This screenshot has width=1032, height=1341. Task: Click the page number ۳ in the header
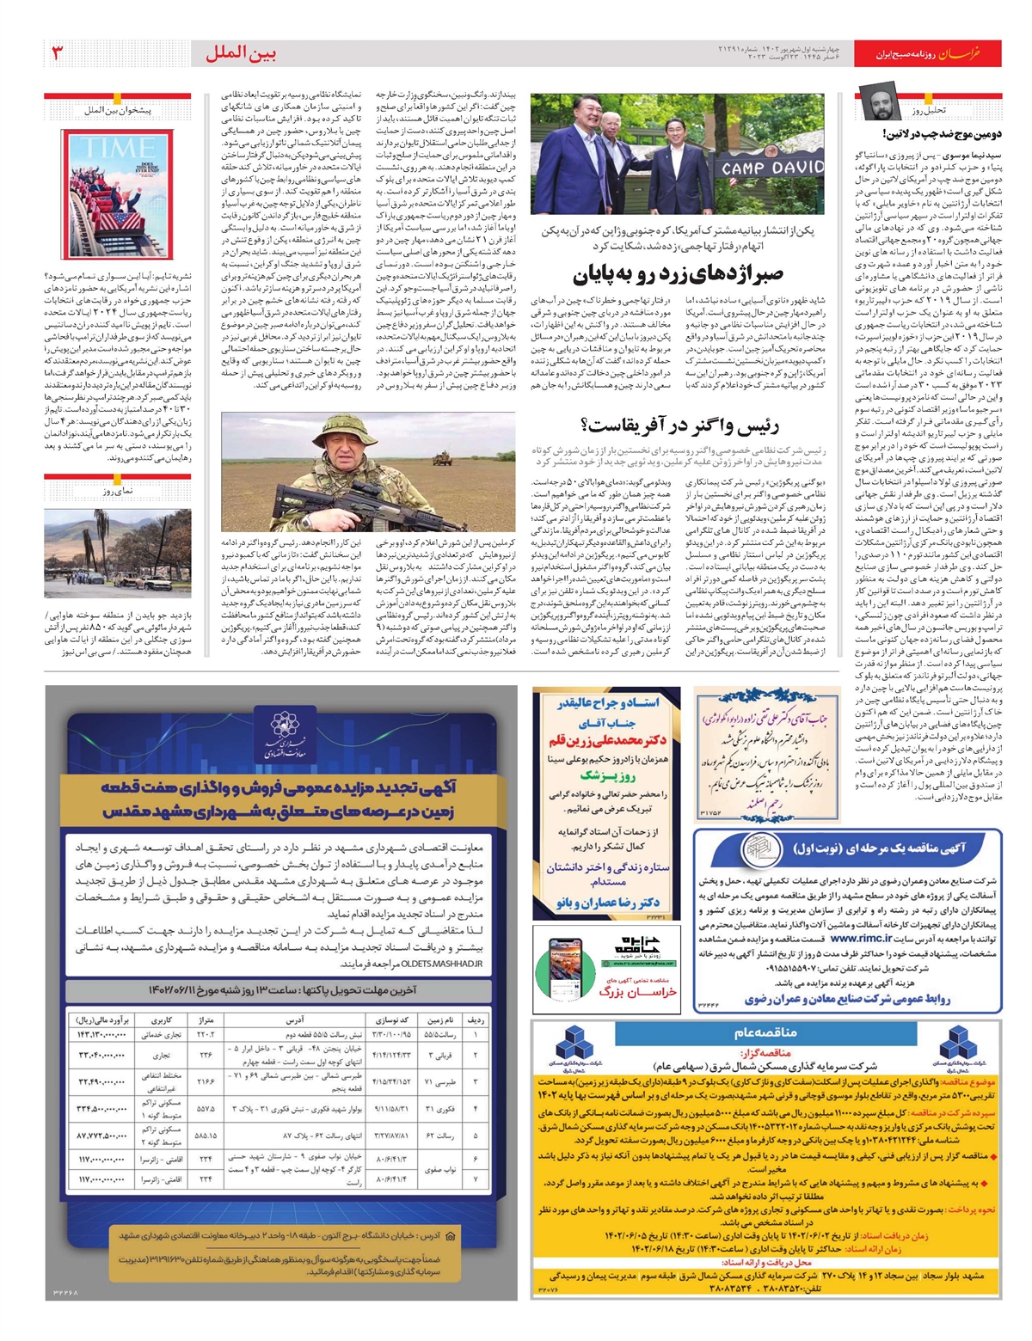(58, 53)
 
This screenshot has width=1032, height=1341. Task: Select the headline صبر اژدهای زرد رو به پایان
(679, 274)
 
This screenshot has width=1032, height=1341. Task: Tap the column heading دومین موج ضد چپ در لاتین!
(941, 134)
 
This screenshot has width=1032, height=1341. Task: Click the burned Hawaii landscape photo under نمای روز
(118, 553)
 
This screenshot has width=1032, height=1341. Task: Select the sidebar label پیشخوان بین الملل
(118, 110)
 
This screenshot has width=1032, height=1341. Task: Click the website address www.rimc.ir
(859, 939)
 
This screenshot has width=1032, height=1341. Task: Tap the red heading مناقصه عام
(765, 1032)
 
